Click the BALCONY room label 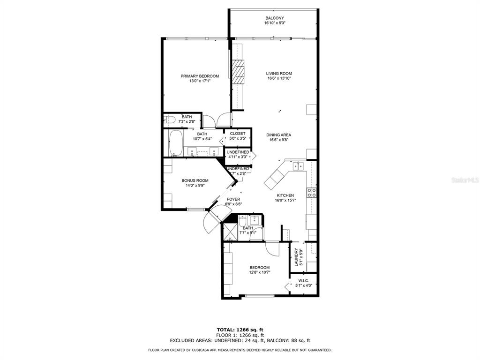tap(275, 18)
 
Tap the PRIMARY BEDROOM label tap(200, 76)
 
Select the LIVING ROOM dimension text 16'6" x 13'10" tap(279, 79)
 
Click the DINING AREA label tap(279, 135)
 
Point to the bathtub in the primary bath tap(177, 143)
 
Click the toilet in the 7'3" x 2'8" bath tap(170, 120)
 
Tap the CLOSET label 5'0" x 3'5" tap(238, 134)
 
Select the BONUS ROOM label tap(195, 180)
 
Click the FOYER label tap(233, 199)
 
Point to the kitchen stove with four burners tap(311, 193)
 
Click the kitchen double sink tap(298, 166)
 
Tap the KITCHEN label tap(285, 195)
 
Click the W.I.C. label tap(303, 280)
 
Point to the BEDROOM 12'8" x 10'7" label tap(259, 267)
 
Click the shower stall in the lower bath tap(230, 232)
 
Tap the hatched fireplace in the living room tap(239, 72)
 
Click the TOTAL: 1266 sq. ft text tap(240, 330)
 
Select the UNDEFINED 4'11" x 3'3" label tap(238, 152)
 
